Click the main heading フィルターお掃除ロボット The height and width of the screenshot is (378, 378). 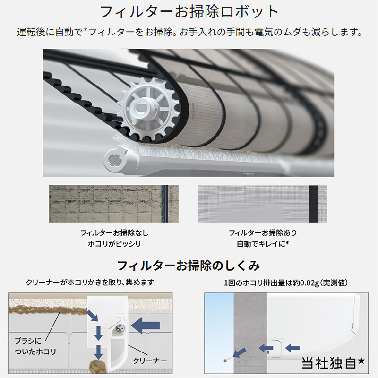pyautogui.click(x=189, y=11)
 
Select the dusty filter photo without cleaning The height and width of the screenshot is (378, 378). pyautogui.click(x=114, y=204)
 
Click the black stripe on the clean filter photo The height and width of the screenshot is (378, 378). pyautogui.click(x=313, y=204)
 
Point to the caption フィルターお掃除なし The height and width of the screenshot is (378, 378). pyautogui.click(x=114, y=233)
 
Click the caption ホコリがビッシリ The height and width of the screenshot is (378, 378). pyautogui.click(x=114, y=244)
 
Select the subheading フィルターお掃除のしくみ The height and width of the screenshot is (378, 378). pyautogui.click(x=188, y=265)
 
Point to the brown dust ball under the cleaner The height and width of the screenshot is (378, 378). pyautogui.click(x=96, y=367)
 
